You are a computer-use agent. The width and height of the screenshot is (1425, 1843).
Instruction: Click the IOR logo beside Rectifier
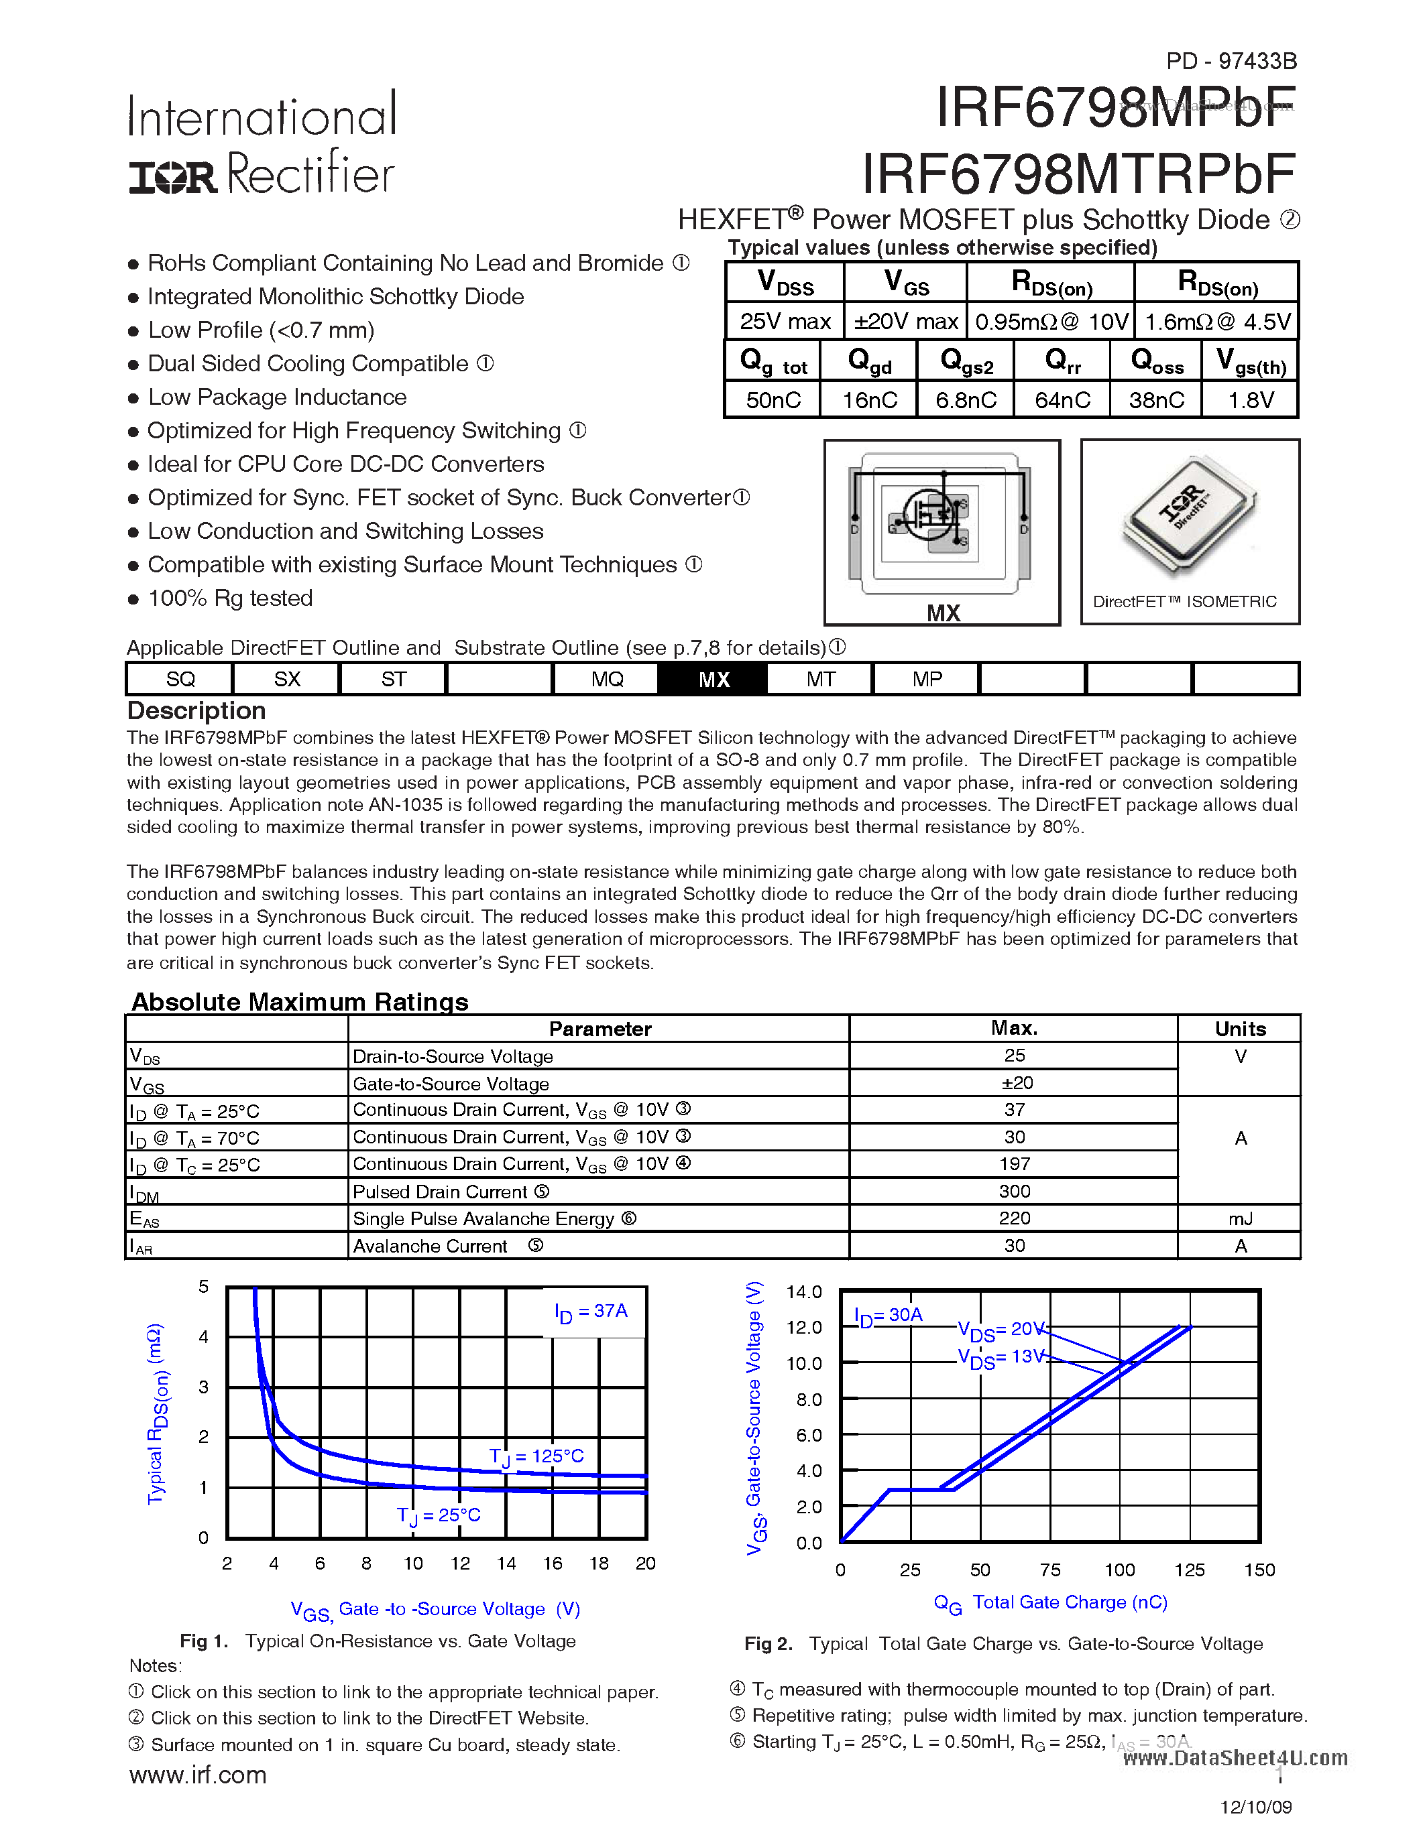173,176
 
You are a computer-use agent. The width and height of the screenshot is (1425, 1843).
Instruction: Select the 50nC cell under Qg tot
773,400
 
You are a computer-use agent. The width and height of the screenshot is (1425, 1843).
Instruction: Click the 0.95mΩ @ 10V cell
1051,322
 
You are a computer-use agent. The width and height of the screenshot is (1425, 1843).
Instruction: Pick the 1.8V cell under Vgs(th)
1250,400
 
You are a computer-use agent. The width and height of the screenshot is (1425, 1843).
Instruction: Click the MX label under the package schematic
943,613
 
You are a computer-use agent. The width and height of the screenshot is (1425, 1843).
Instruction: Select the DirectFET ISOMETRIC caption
1184,602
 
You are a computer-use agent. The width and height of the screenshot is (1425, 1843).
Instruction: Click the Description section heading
196,710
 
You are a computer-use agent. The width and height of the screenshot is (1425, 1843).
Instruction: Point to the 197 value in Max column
1014,1163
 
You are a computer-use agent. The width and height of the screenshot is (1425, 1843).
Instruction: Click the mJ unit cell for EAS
1240,1218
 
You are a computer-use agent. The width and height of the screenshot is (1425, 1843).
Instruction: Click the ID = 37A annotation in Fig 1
591,1312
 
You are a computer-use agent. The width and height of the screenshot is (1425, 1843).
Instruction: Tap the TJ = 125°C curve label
537,1456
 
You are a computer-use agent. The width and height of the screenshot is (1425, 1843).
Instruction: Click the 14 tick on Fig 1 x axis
506,1563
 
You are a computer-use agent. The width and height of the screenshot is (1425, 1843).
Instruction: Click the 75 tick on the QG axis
1050,1570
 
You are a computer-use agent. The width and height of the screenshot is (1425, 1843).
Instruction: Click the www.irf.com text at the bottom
198,1774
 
